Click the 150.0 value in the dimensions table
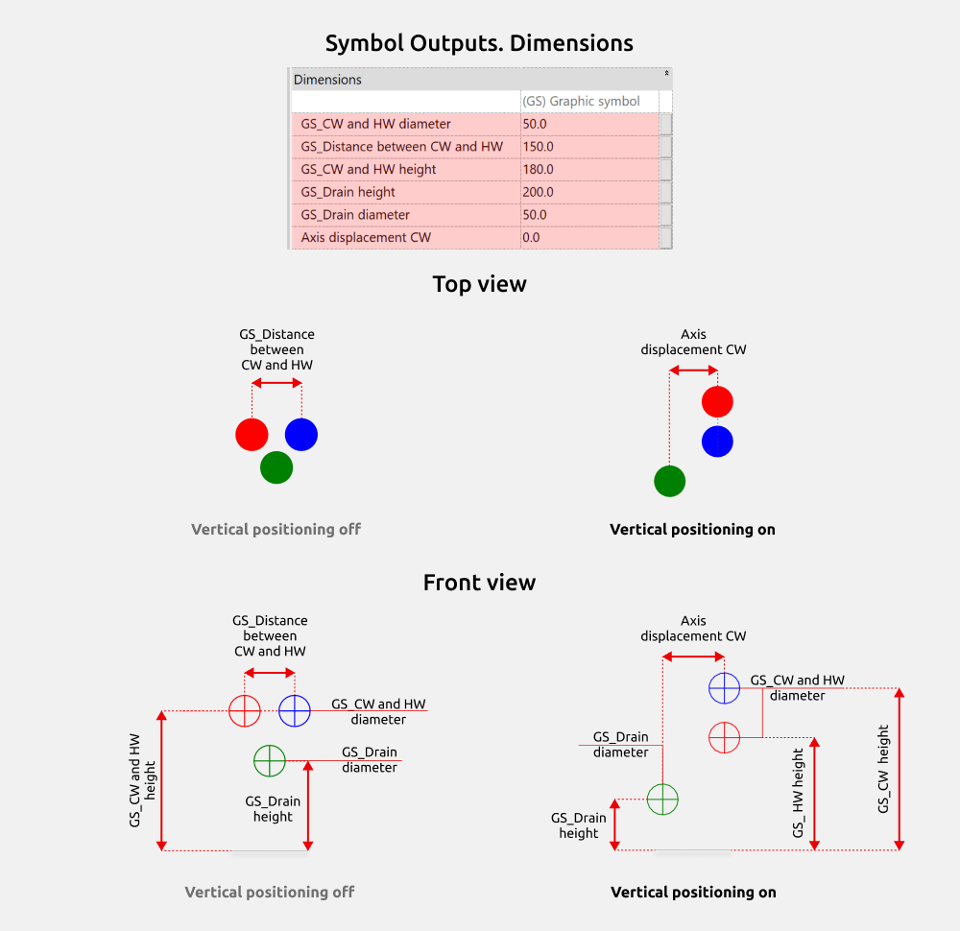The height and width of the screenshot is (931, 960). pos(538,147)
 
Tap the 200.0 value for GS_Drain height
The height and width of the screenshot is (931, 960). pos(538,192)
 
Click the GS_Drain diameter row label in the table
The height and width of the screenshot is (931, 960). pos(355,215)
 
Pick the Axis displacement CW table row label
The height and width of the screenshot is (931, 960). pos(366,237)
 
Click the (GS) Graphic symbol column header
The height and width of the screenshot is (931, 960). pos(581,102)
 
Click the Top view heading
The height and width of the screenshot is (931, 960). pos(479,284)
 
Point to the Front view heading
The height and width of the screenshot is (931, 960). pos(479,582)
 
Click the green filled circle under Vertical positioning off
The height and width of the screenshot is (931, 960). pos(276,467)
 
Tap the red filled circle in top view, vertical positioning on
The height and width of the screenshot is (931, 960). pos(717,401)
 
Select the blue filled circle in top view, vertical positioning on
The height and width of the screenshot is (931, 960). pos(717,442)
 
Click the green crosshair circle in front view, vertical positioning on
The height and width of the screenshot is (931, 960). pos(662,784)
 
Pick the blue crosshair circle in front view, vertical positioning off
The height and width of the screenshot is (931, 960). pos(295,695)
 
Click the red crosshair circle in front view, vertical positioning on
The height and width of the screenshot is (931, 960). pos(724,723)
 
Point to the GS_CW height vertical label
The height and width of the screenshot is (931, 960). pos(883,770)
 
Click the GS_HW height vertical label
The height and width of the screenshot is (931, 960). pos(797,794)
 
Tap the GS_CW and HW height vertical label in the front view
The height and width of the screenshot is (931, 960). pos(142,780)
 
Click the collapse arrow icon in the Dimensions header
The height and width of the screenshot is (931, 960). pos(666,74)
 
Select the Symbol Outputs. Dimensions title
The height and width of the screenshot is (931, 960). pos(479,43)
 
